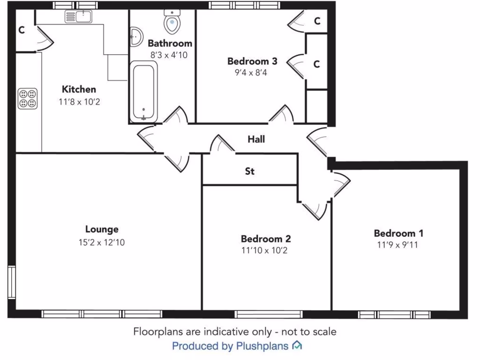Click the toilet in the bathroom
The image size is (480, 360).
(172, 22)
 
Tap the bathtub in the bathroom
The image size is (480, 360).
(143, 91)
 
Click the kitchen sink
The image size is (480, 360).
(78, 17)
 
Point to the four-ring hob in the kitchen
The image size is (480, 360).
(27, 98)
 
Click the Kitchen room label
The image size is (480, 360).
(79, 89)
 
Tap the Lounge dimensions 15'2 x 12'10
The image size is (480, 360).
(102, 242)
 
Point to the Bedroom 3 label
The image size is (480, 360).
(252, 61)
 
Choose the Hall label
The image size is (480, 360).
(256, 139)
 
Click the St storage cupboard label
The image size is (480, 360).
(250, 172)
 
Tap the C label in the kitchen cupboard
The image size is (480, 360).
(22, 30)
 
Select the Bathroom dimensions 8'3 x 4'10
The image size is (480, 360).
(170, 54)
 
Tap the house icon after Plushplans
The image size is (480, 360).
(297, 346)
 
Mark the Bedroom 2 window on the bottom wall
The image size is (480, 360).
(268, 314)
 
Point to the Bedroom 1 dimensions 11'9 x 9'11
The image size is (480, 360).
(397, 245)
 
